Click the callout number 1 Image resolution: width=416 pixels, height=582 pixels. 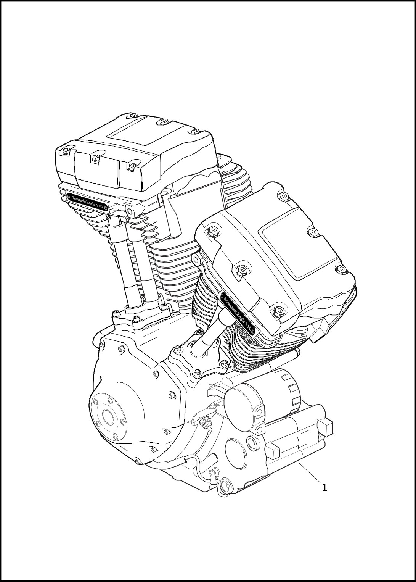point(324,488)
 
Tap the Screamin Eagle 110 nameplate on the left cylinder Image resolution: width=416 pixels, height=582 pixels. point(87,203)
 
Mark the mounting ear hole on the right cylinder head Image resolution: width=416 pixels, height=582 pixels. point(197,261)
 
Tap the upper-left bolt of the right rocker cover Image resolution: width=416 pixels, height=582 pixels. point(213,230)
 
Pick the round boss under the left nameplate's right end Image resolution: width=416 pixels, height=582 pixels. point(130,211)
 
